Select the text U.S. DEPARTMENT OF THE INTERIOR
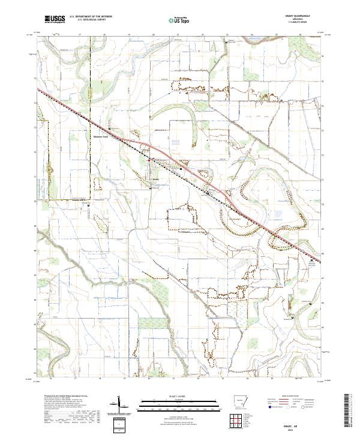click(91, 17)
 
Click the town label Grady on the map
click(155, 179)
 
